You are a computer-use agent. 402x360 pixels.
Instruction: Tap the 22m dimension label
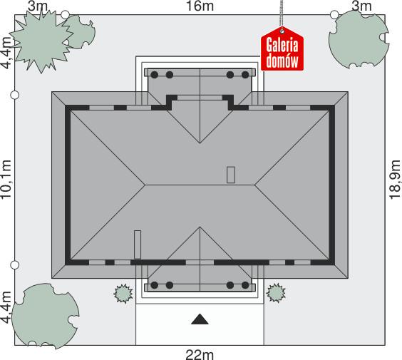tap(200, 354)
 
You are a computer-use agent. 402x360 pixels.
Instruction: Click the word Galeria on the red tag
tap(282, 46)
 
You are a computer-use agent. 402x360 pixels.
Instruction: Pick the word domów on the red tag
tap(282, 61)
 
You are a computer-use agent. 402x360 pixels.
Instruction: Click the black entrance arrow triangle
tap(200, 320)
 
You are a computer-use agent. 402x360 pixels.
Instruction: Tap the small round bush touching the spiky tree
tap(79, 31)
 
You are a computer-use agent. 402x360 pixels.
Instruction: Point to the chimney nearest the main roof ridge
tap(230, 175)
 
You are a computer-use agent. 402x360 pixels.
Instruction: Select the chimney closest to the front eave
tap(138, 244)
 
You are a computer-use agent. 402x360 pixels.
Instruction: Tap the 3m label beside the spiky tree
tap(37, 6)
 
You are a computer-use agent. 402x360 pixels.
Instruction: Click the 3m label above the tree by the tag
tap(361, 6)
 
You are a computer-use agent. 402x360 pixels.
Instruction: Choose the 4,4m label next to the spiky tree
tap(6, 53)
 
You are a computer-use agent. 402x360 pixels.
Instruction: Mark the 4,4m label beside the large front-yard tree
tap(6, 307)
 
